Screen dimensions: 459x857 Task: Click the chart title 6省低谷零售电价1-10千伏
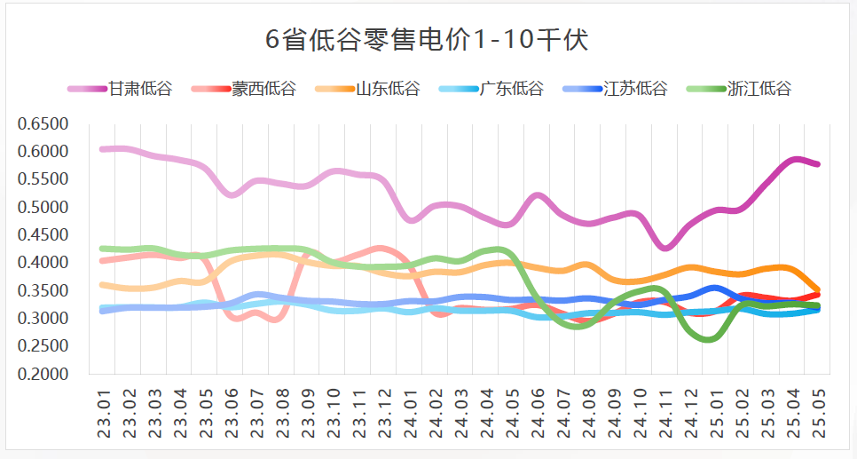(x=428, y=40)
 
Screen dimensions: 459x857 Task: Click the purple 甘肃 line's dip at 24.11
(x=665, y=248)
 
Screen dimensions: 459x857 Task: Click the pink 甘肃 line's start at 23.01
(x=105, y=149)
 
